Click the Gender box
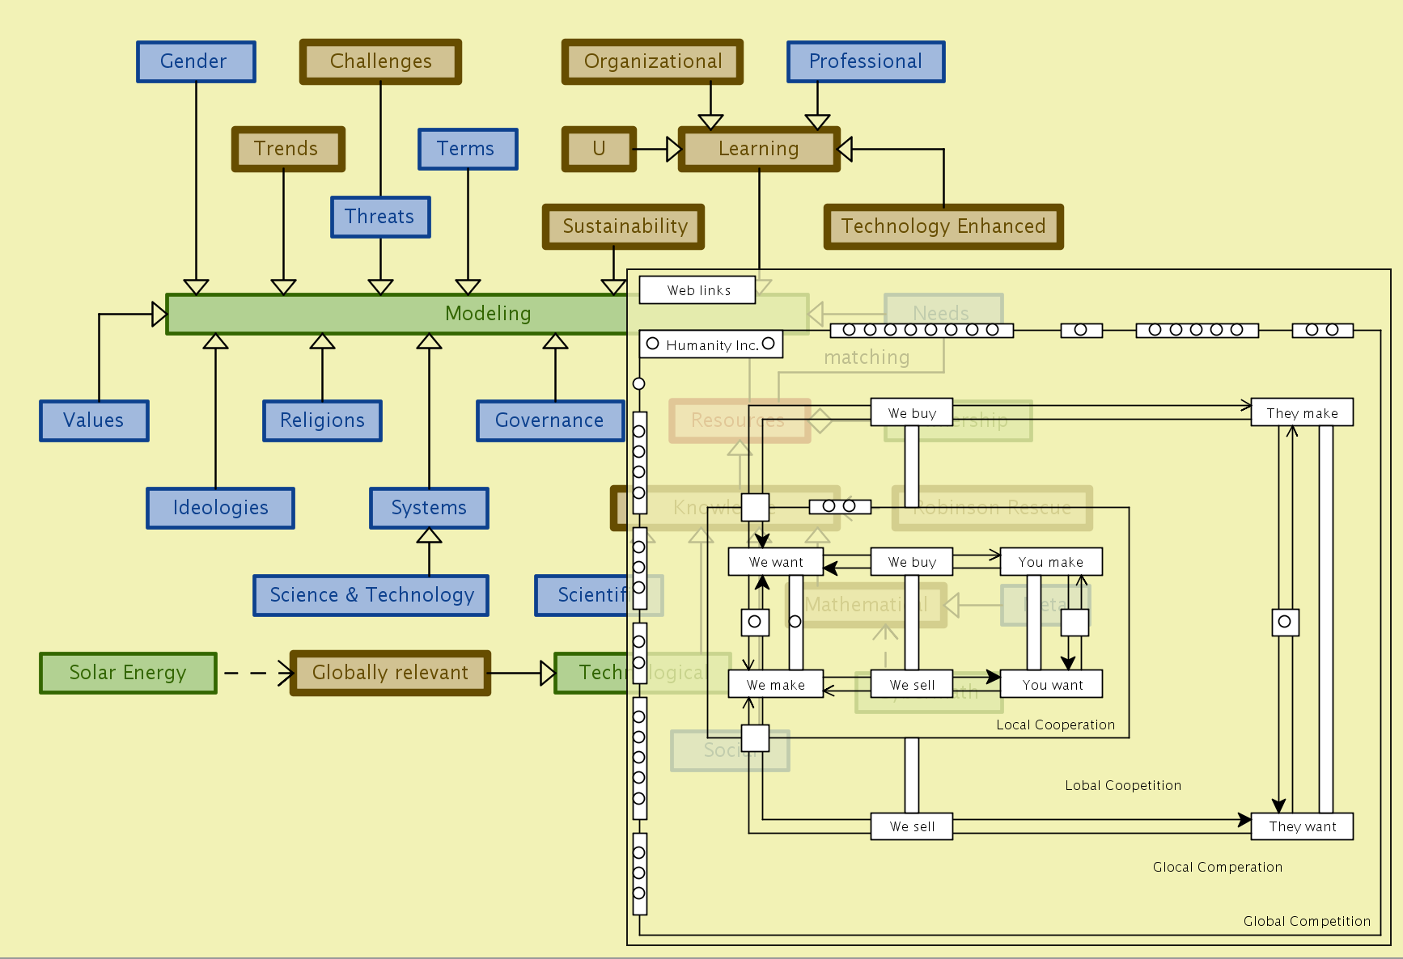196,61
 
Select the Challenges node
380,61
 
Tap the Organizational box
652,61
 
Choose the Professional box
866,61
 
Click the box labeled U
599,149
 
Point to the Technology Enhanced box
943,226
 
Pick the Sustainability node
624,226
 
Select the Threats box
380,217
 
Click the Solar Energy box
128,673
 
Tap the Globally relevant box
390,673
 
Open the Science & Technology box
371,595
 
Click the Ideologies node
220,508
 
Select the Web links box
697,290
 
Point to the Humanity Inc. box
711,344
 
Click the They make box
1302,413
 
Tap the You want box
1051,685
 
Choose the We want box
775,562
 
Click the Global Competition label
1307,921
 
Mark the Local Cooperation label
1055,725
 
